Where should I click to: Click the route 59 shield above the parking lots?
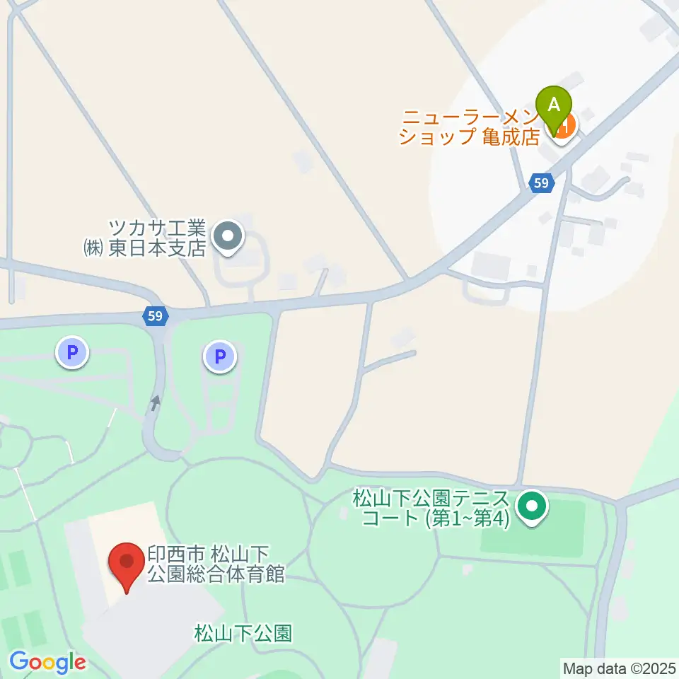156,316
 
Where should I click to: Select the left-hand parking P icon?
72,352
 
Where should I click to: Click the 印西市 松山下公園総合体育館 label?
216,564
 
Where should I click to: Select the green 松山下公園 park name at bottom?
243,632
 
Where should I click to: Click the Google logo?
47,663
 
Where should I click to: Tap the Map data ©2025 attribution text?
619,667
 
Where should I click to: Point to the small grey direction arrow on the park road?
156,403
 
